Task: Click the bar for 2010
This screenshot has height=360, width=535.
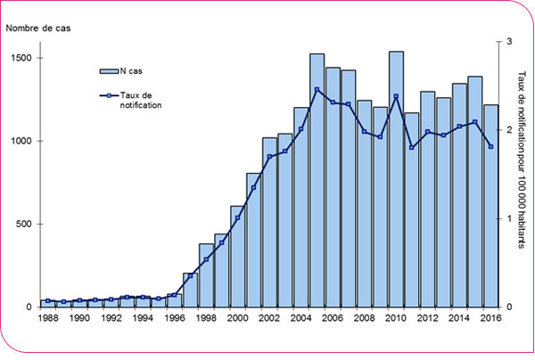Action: click(x=396, y=179)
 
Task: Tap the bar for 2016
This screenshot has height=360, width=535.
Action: click(x=490, y=206)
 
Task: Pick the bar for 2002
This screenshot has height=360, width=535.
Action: click(x=269, y=222)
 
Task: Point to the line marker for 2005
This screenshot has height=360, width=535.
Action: click(x=317, y=89)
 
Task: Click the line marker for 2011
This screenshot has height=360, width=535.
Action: click(x=412, y=147)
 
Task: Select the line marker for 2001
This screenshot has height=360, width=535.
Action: click(x=253, y=188)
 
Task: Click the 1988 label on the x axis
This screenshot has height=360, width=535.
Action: click(x=48, y=318)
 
